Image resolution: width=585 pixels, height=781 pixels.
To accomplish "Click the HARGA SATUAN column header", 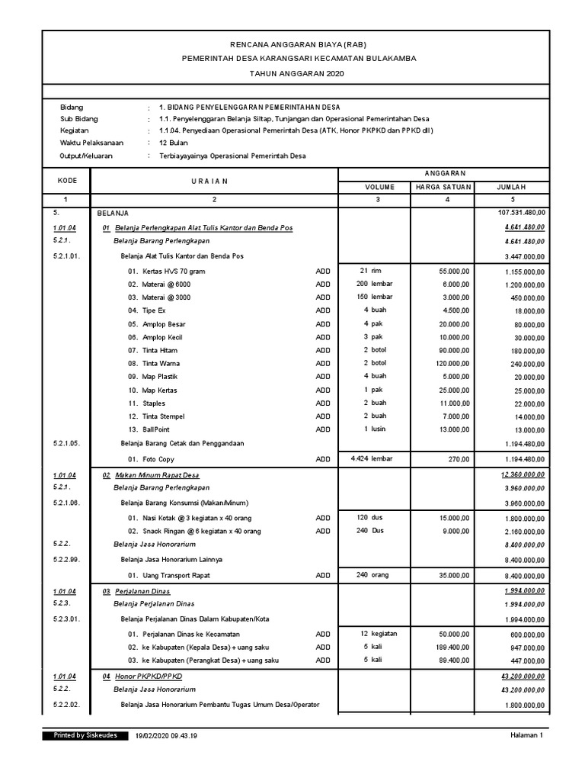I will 443,187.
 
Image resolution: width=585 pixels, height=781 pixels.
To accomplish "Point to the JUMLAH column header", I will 511,187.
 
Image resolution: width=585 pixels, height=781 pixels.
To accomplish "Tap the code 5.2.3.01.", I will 67,619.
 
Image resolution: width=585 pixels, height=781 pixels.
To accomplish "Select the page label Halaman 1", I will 526,736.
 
